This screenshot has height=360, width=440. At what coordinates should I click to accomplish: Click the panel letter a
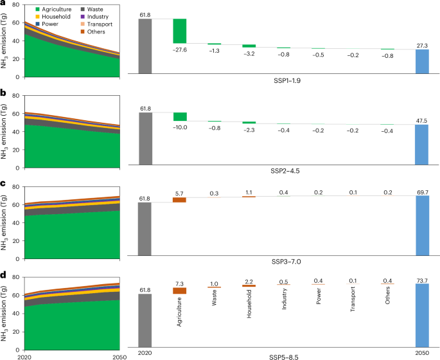pos(4,4)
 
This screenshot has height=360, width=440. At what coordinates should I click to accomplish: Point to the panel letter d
pos(4,274)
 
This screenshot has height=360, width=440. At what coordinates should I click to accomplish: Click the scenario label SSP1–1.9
pos(283,86)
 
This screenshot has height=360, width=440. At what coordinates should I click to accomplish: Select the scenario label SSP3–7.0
pos(283,262)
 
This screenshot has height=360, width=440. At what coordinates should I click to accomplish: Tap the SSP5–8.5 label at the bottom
pos(283,354)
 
